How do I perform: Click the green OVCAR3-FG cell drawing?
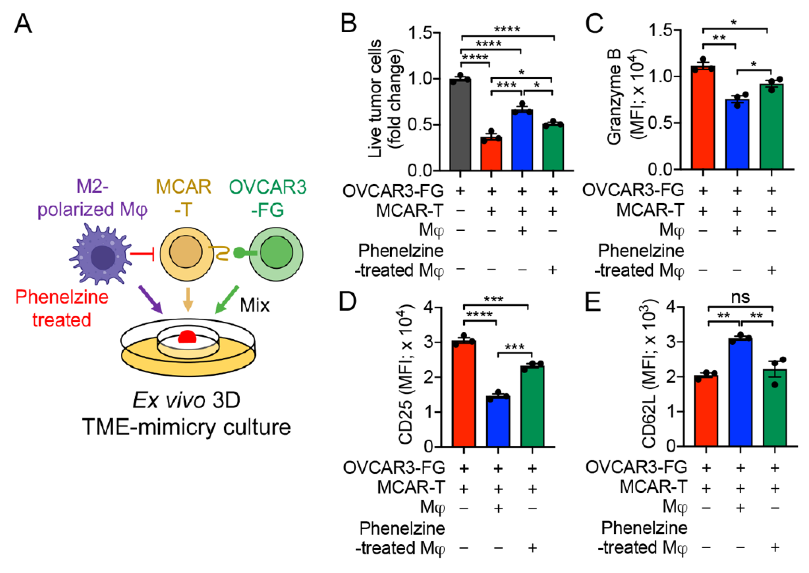[x=276, y=253]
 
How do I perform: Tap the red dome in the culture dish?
[x=187, y=337]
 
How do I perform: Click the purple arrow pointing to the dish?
[x=150, y=299]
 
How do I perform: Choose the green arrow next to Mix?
[x=227, y=300]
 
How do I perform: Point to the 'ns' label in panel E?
[x=740, y=297]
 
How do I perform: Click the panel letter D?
[x=348, y=302]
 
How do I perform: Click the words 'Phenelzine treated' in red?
[x=62, y=308]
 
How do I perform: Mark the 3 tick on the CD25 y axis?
[x=428, y=342]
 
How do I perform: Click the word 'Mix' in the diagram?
[x=254, y=305]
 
